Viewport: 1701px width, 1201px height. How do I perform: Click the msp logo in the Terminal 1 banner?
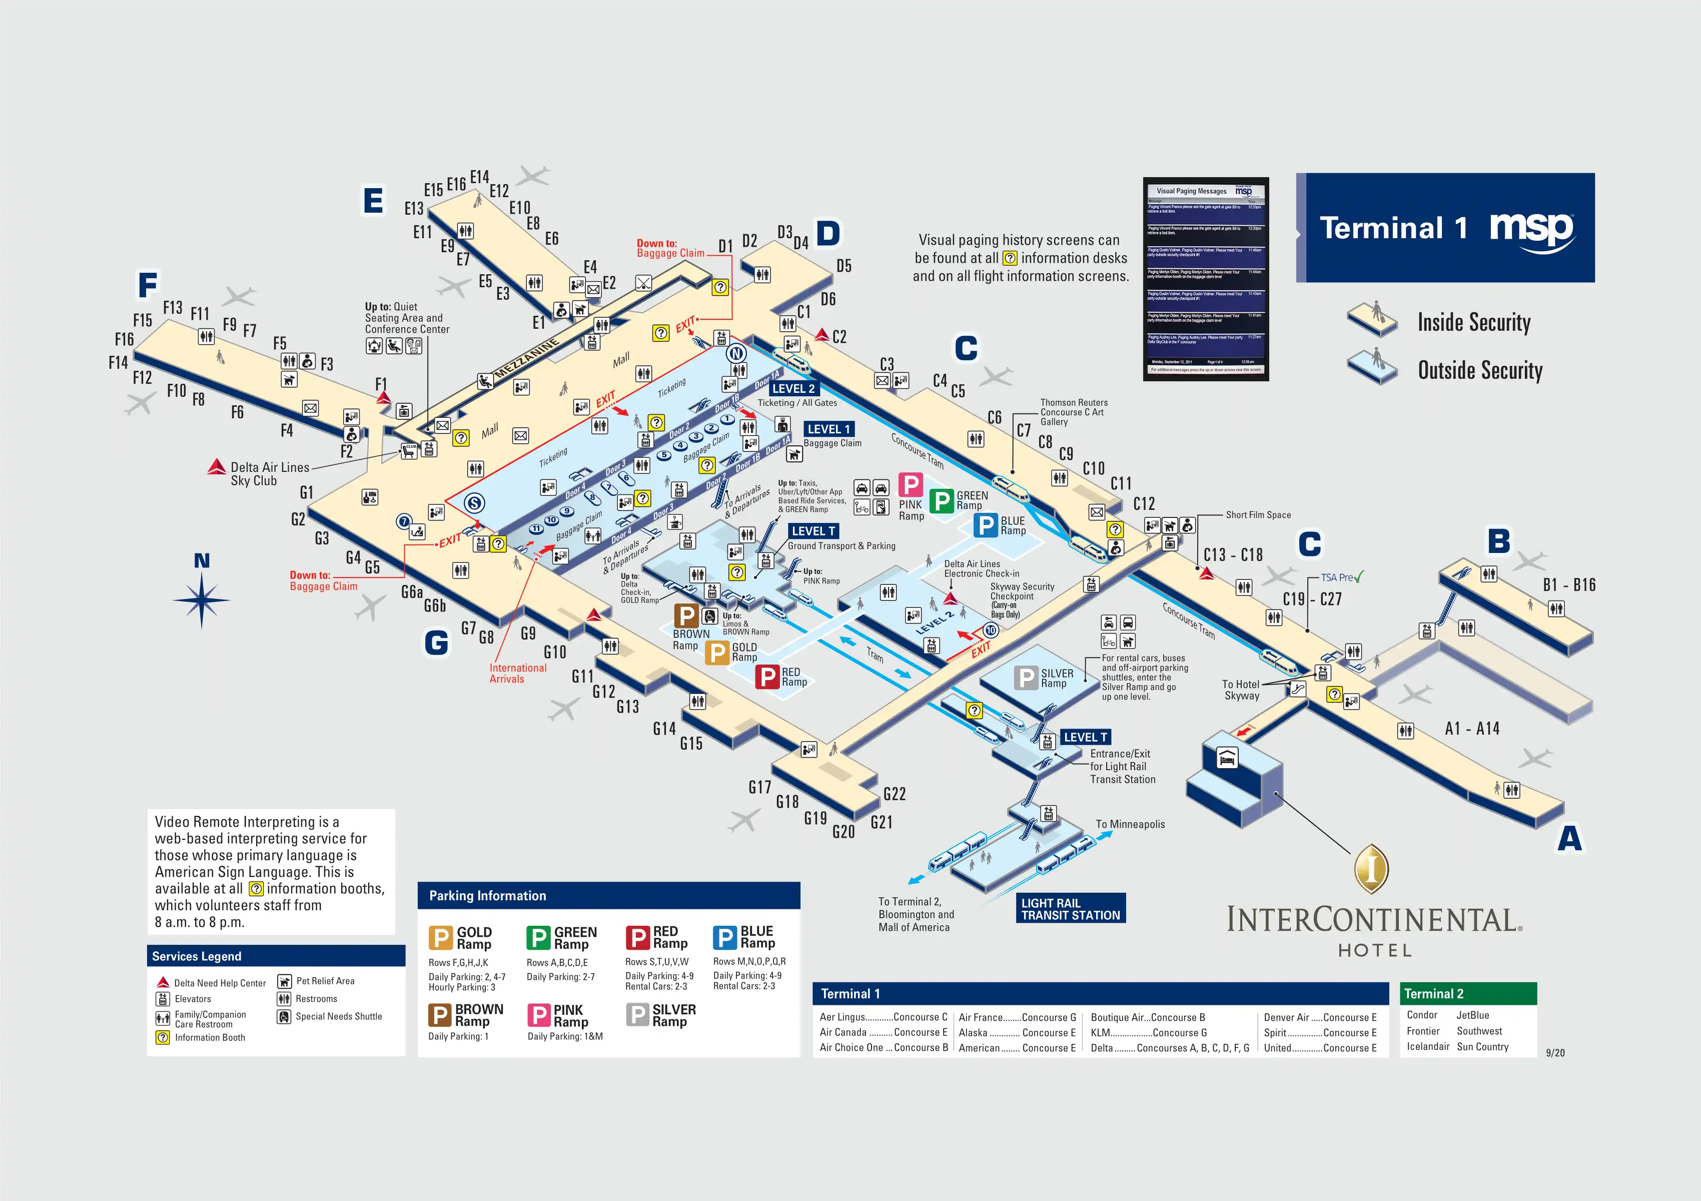pos(1531,230)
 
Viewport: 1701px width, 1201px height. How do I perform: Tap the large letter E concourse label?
pos(373,201)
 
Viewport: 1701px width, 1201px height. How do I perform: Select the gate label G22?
pos(894,794)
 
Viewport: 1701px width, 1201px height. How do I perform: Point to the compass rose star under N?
pos(202,600)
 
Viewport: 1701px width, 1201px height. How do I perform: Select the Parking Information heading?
pos(487,896)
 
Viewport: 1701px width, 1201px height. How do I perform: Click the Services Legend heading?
pos(196,956)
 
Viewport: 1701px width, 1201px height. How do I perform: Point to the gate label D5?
pos(844,266)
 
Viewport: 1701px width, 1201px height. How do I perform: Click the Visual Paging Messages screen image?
pos(1205,279)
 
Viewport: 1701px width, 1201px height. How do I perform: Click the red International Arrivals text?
pos(517,673)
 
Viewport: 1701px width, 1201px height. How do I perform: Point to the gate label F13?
pos(173,307)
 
